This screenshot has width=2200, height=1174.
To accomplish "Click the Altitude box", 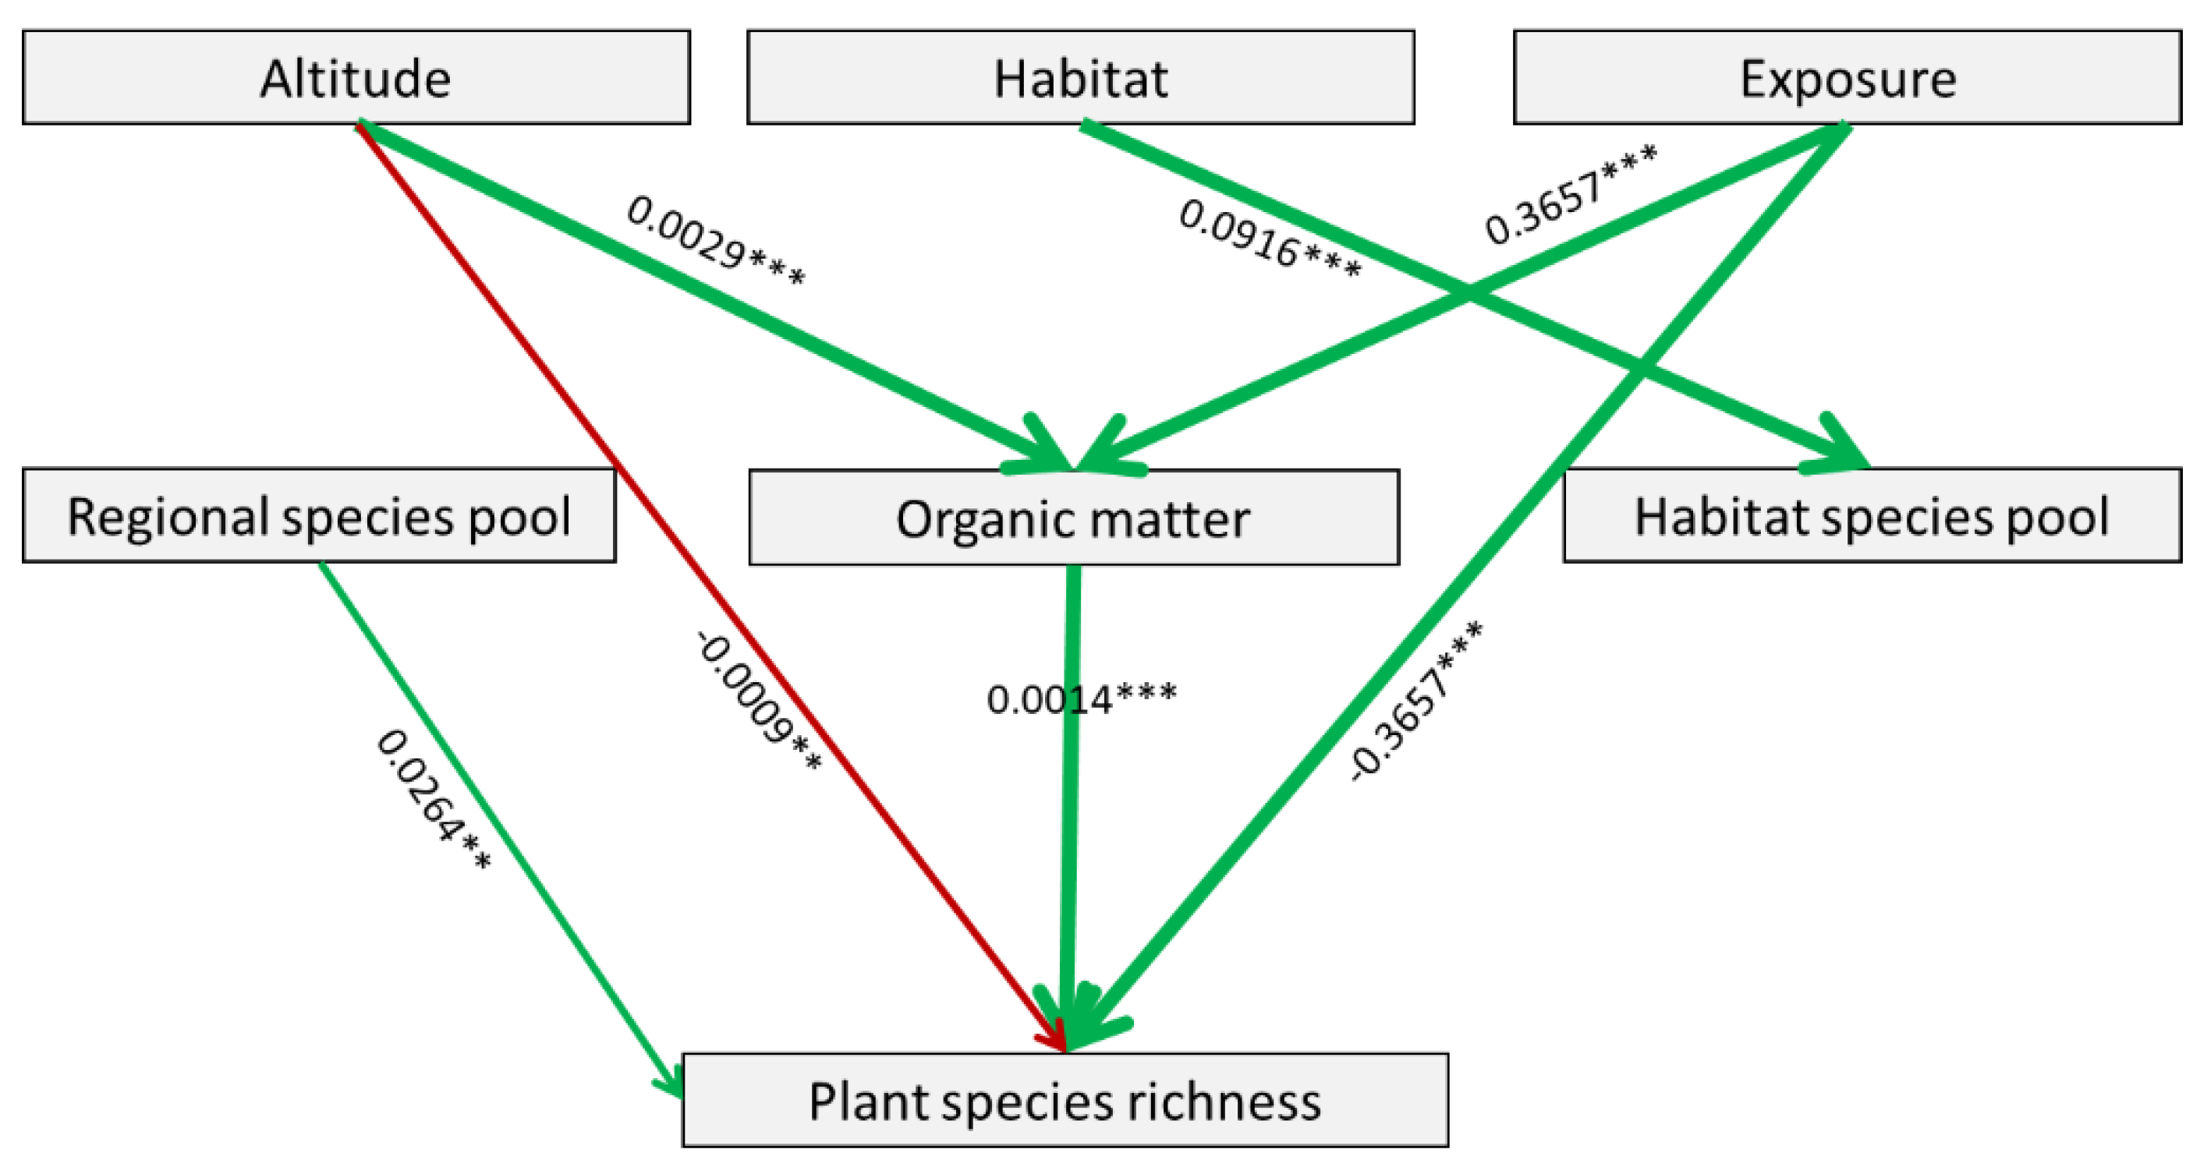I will pyautogui.click(x=356, y=78).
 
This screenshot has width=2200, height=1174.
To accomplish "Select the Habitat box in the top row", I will pyautogui.click(x=1080, y=78).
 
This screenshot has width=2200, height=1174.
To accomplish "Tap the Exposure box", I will pyautogui.click(x=1848, y=78).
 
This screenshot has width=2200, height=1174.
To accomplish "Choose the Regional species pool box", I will pyautogui.click(x=318, y=516).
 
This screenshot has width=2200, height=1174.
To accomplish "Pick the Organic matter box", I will pyautogui.click(x=1074, y=518).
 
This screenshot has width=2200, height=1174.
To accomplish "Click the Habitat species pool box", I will pyautogui.click(x=1871, y=516).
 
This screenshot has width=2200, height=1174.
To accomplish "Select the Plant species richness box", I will pyautogui.click(x=1065, y=1101).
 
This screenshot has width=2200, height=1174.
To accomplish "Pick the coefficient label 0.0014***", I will pyautogui.click(x=1081, y=699).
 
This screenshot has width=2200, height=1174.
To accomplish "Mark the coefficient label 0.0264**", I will pyautogui.click(x=434, y=799).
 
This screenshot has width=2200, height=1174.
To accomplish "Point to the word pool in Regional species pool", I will pyautogui.click(x=520, y=517).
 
